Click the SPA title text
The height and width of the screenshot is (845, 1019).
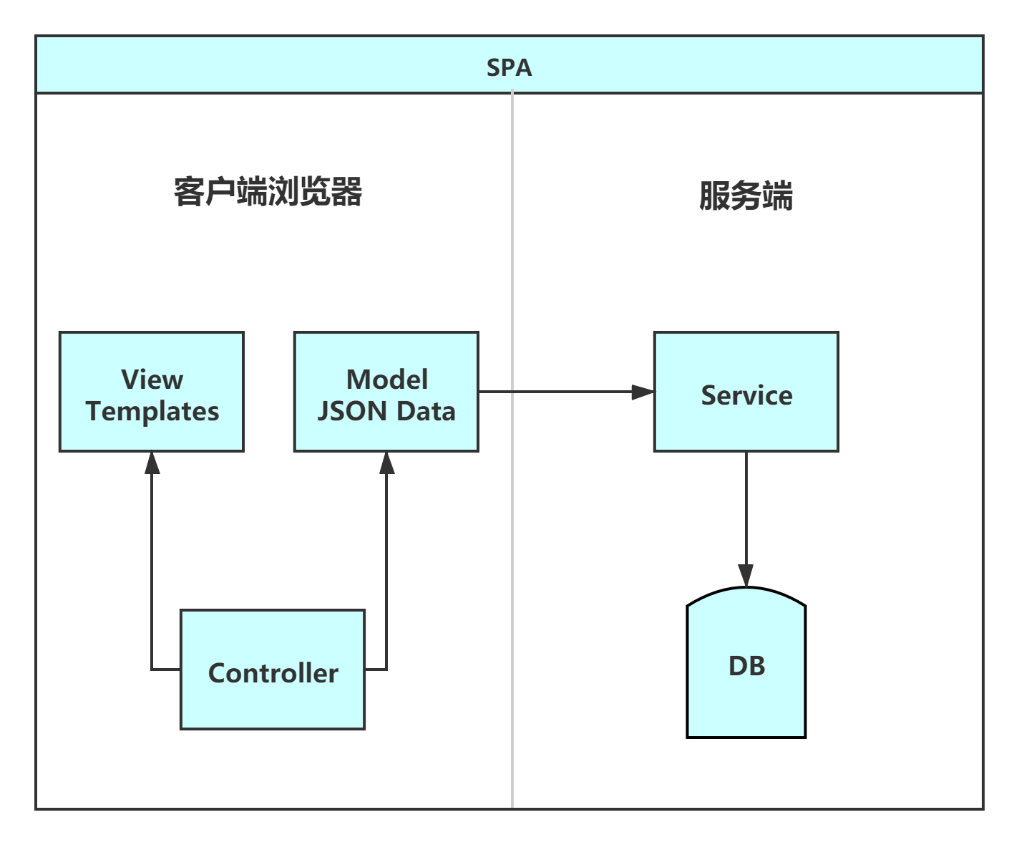tap(509, 67)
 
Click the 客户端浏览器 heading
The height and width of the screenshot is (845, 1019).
tap(268, 192)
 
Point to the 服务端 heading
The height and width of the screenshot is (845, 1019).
tap(746, 195)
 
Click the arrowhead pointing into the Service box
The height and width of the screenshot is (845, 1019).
tap(643, 392)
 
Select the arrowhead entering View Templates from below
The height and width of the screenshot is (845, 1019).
tap(151, 463)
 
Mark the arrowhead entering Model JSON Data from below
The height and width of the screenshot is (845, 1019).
tap(386, 463)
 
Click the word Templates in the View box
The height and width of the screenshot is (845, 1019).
tap(152, 411)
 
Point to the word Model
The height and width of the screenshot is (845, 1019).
tap(387, 380)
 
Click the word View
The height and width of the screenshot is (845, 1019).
tap(152, 380)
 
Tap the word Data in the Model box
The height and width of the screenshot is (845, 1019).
tap(426, 411)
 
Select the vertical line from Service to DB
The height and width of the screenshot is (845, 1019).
tap(746, 508)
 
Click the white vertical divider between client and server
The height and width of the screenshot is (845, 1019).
tap(512, 573)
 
